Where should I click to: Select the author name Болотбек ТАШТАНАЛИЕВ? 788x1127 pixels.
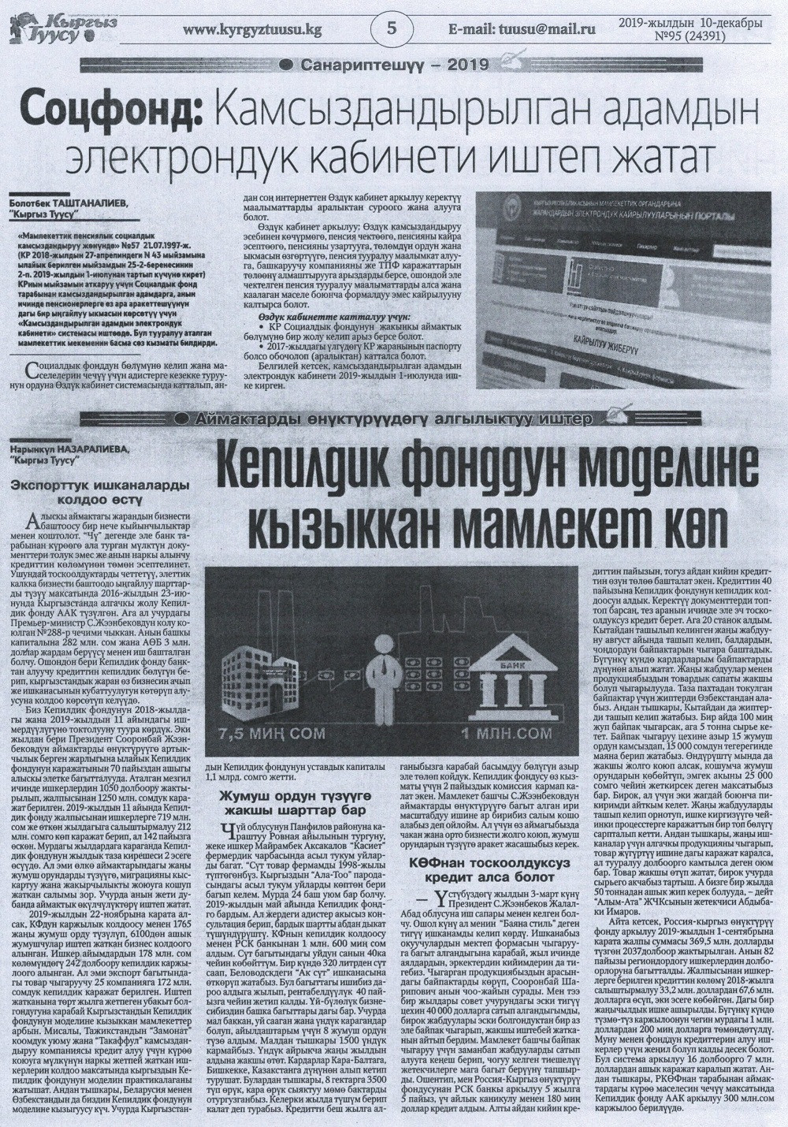pyautogui.click(x=67, y=203)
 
